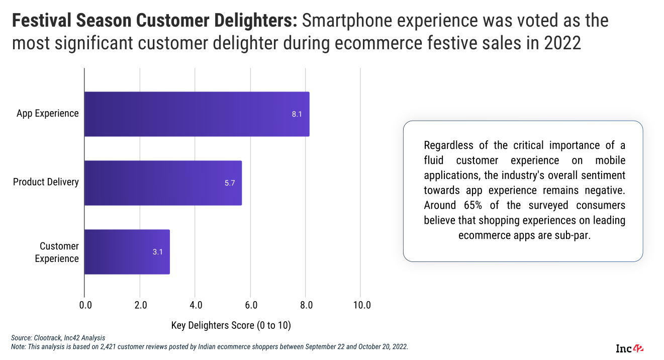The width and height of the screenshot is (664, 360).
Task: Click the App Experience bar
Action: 197,114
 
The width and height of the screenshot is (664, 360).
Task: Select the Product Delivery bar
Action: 163,183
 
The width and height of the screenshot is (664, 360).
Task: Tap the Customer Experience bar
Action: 127,252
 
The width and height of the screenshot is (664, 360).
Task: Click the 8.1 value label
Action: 297,114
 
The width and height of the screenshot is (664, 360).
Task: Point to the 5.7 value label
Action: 230,183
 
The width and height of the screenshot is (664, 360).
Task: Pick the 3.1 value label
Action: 158,252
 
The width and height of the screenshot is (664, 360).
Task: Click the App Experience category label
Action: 48,113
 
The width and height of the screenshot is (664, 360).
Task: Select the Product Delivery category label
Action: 46,182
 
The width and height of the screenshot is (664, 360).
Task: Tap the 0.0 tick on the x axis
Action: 85,305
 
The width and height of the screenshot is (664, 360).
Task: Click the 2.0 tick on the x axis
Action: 141,305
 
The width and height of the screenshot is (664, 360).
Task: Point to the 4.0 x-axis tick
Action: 196,305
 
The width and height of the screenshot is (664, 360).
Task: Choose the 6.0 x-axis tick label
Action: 251,305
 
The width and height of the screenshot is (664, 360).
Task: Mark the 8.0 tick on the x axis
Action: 307,305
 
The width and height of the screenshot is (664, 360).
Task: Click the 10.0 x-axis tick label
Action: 362,305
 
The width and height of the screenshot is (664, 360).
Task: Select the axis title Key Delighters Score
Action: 231,325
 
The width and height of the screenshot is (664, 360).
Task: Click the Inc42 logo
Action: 630,348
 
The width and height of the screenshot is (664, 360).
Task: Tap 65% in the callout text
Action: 465,206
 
